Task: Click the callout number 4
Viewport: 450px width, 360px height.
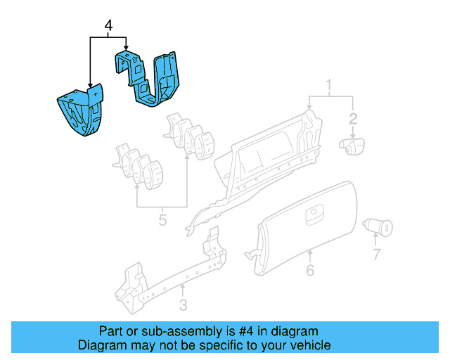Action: (108, 26)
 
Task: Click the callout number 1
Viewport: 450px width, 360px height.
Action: (328, 86)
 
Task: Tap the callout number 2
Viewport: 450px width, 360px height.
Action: (354, 119)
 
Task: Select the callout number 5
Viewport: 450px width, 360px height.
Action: (162, 221)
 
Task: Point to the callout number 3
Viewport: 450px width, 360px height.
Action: (183, 304)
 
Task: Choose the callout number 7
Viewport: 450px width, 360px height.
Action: (375, 253)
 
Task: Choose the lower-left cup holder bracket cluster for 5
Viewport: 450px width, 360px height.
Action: (137, 165)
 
